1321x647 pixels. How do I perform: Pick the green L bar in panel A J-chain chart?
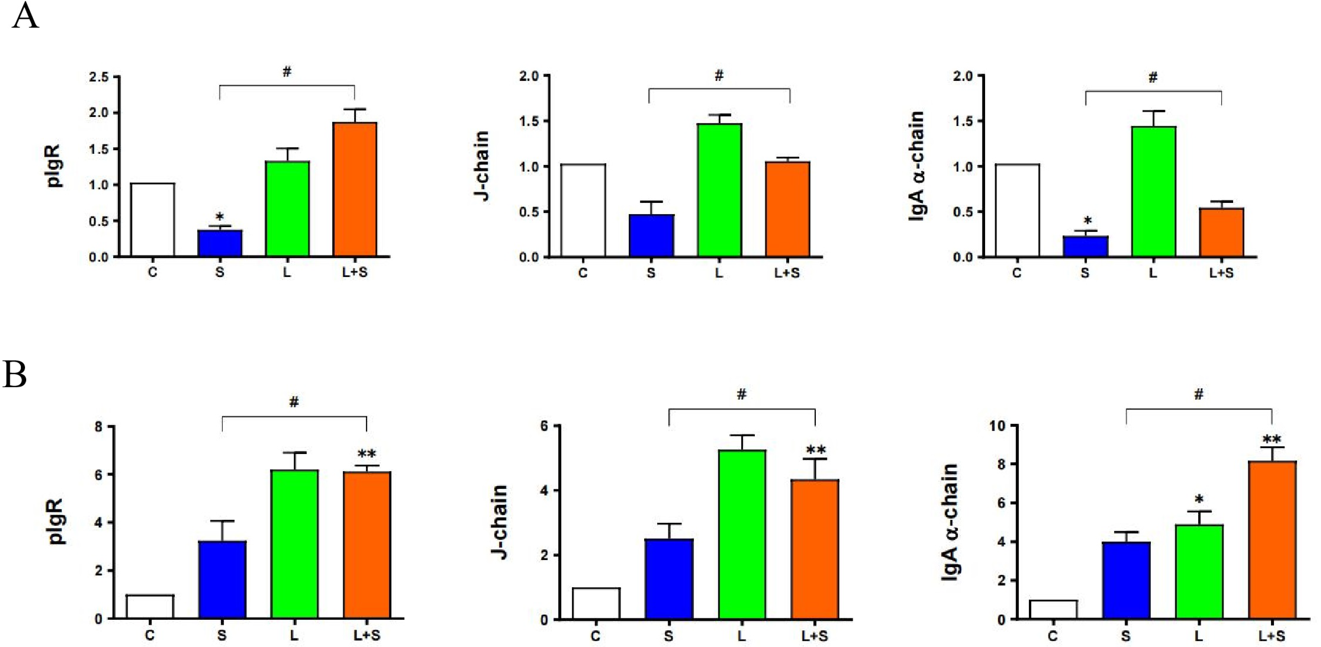click(719, 190)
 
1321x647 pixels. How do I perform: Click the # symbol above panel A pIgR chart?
click(287, 72)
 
